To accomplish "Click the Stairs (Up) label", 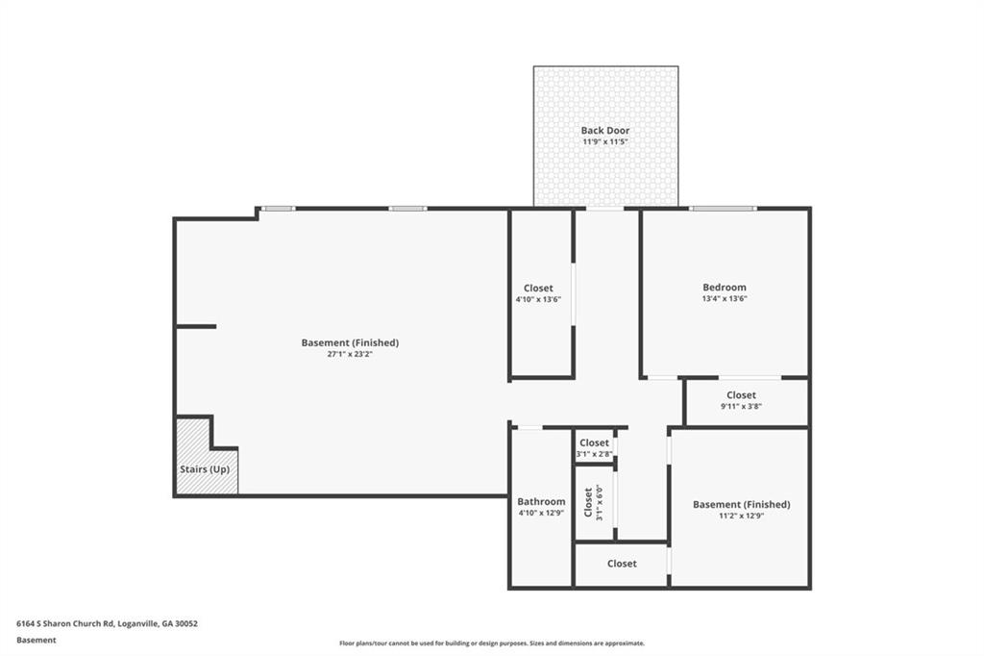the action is pyautogui.click(x=205, y=469).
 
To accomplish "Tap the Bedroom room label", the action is pyautogui.click(x=725, y=288).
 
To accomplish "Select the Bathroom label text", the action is pyautogui.click(x=541, y=501).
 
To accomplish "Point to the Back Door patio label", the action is pyautogui.click(x=605, y=130).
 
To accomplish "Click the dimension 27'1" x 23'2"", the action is pyautogui.click(x=350, y=354).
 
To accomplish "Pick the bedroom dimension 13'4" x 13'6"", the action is pyautogui.click(x=725, y=298).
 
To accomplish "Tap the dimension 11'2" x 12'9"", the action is pyautogui.click(x=741, y=516).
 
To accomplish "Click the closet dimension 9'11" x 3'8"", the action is pyautogui.click(x=741, y=406).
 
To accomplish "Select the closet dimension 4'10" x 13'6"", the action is pyautogui.click(x=538, y=300).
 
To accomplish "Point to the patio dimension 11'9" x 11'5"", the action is pyautogui.click(x=605, y=142).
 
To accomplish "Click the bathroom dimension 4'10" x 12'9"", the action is pyautogui.click(x=541, y=513).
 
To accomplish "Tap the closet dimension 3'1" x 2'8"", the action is pyautogui.click(x=594, y=454).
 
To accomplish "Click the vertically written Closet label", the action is pyautogui.click(x=588, y=502).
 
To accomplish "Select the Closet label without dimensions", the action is pyautogui.click(x=622, y=564).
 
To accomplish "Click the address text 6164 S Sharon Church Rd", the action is pyautogui.click(x=64, y=624).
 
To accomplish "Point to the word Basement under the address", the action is pyautogui.click(x=36, y=641).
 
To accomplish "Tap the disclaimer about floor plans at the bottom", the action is pyautogui.click(x=492, y=643).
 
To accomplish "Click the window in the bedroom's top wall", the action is pyautogui.click(x=723, y=208).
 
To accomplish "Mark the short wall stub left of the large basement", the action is pyautogui.click(x=196, y=327).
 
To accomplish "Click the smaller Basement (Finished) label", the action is pyautogui.click(x=741, y=504).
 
